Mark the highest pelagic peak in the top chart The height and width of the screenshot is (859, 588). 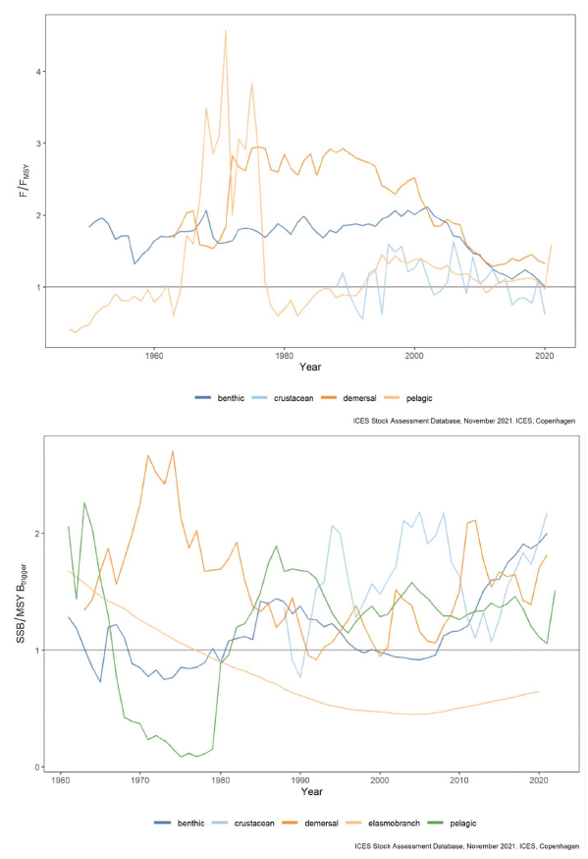(226, 30)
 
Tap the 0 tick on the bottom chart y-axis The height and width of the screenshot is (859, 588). (39, 767)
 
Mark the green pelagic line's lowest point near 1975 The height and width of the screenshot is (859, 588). (181, 757)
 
